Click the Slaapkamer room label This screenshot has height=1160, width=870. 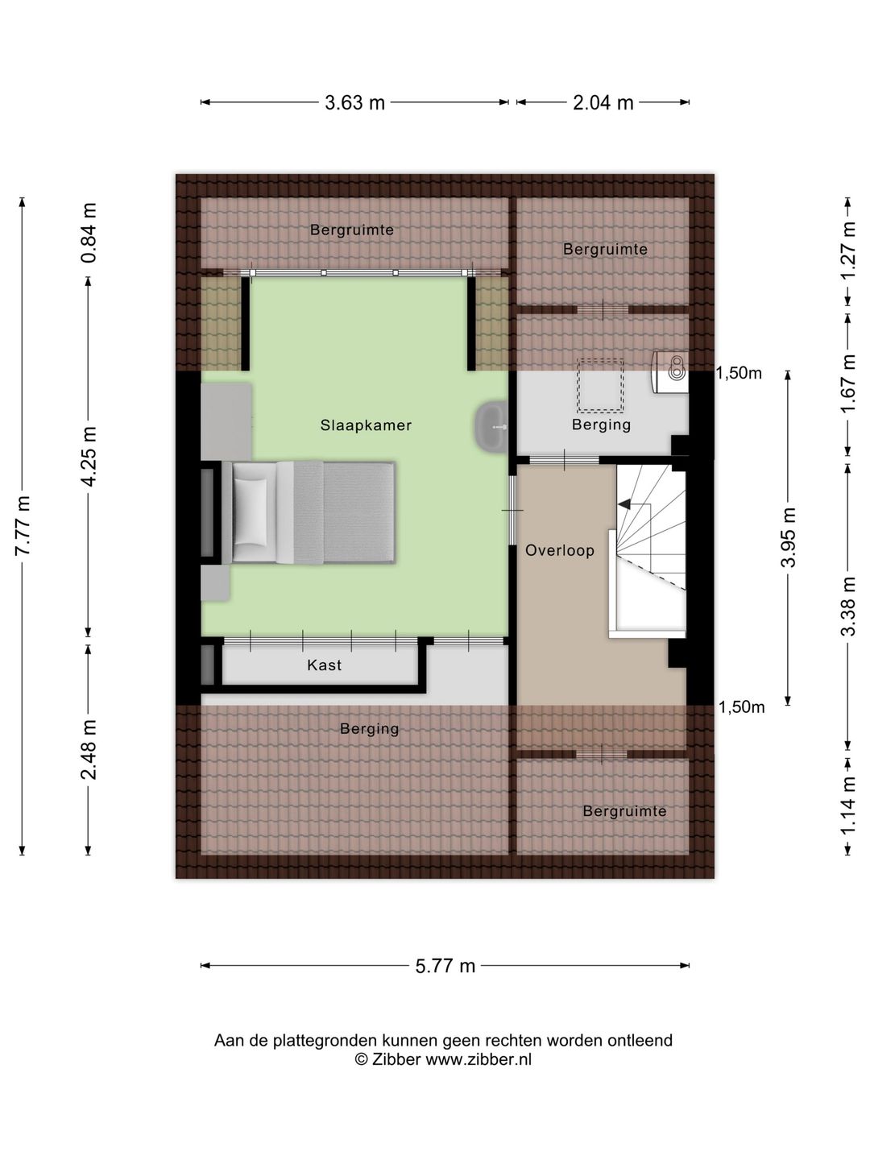366,425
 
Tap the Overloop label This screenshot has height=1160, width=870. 559,550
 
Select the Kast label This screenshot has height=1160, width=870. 325,665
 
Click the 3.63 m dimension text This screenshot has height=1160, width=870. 354,102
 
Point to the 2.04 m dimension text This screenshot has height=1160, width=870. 603,102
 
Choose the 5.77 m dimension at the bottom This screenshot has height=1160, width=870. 445,966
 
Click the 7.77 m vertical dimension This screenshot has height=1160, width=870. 23,526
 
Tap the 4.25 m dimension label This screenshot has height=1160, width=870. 89,456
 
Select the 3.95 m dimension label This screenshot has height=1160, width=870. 788,537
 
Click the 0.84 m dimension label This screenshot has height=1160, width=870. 89,233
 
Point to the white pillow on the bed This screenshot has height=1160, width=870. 251,512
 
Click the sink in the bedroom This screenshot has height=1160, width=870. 491,426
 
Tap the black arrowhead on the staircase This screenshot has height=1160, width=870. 624,505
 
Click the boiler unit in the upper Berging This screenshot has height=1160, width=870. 670,372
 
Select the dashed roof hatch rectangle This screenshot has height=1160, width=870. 600,385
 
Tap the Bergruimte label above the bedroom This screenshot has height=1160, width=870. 352,230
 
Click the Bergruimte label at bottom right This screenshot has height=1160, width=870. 624,810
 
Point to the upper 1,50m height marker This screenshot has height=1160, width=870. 739,373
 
